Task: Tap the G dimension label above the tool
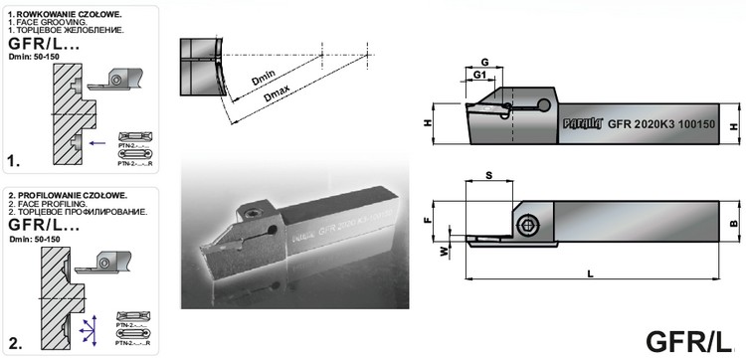[x=483, y=62]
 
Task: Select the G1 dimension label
[x=478, y=76]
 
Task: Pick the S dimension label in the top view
[x=487, y=173]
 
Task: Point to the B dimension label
[x=734, y=224]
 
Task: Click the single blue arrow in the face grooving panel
[x=96, y=143]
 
